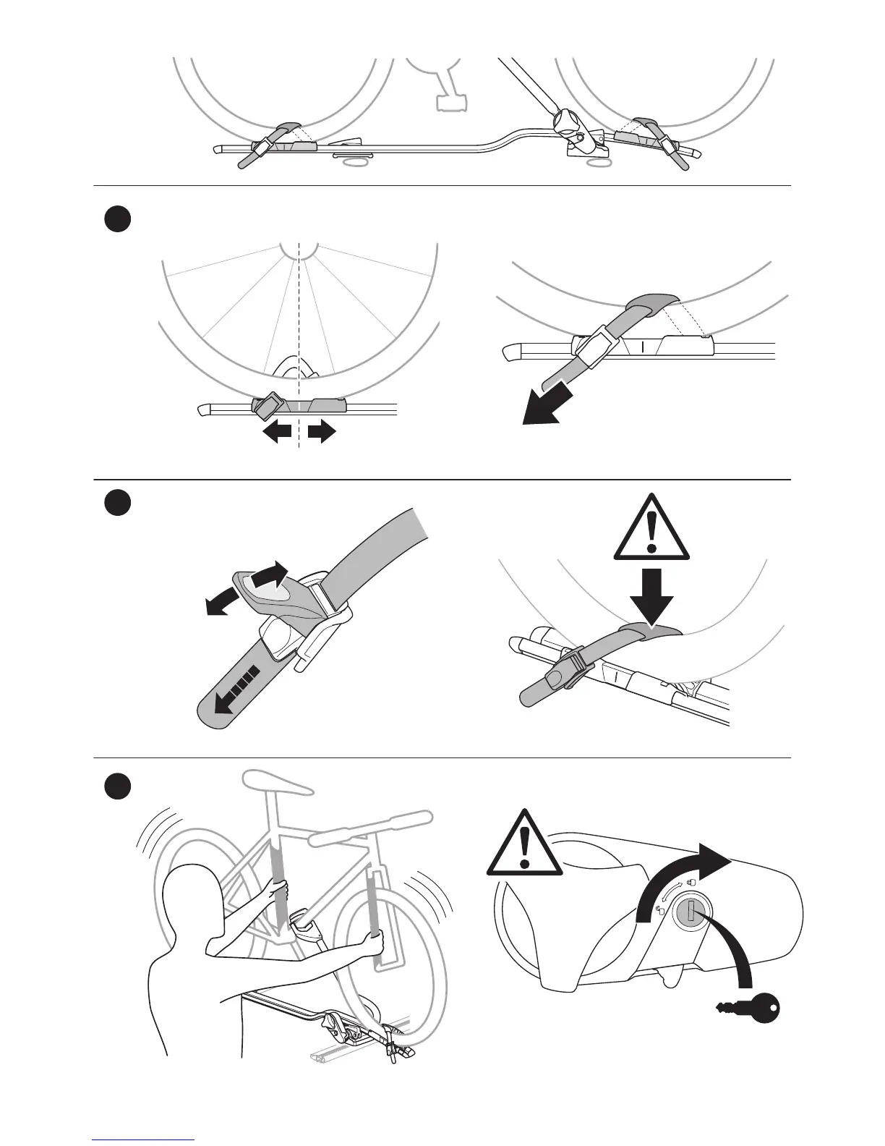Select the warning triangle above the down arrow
coord(652,528)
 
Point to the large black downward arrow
coord(651,594)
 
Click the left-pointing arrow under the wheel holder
coord(276,432)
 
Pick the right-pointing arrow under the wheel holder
coord(321,432)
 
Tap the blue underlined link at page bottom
coord(143,1140)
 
